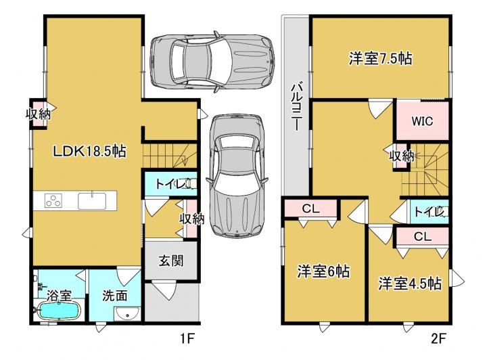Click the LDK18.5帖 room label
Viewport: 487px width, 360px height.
[89, 152]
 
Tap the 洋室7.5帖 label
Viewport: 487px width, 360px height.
[380, 58]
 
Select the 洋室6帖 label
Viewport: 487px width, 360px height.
[323, 271]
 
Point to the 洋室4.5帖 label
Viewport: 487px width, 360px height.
[410, 283]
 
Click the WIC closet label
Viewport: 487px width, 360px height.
[422, 121]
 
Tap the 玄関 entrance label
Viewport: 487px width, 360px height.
[171, 261]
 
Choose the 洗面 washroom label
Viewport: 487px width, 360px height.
[114, 296]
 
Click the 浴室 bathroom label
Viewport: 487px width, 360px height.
[59, 295]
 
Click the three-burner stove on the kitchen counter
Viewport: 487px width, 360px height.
[53, 201]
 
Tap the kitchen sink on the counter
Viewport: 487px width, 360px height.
[92, 201]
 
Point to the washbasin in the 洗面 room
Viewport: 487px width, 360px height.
[128, 314]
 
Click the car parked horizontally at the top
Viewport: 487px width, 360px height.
[212, 60]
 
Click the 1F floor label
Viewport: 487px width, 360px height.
[187, 338]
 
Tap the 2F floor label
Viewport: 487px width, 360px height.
[438, 338]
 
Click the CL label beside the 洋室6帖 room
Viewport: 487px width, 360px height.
[311, 208]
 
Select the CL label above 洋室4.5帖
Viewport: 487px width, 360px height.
[423, 237]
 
